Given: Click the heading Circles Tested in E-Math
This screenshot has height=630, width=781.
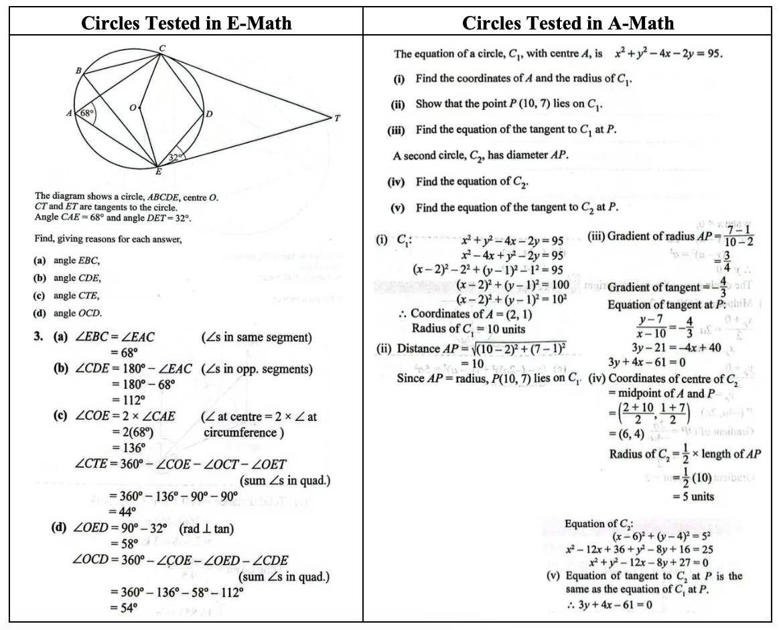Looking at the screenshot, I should point(186,23).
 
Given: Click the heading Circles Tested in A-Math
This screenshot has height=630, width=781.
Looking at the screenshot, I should point(568,23).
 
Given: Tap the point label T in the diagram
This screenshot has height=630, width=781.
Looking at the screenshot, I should point(337,118).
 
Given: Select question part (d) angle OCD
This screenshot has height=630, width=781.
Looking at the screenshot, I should point(68,313).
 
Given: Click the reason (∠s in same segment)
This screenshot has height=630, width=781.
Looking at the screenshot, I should point(256,337).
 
